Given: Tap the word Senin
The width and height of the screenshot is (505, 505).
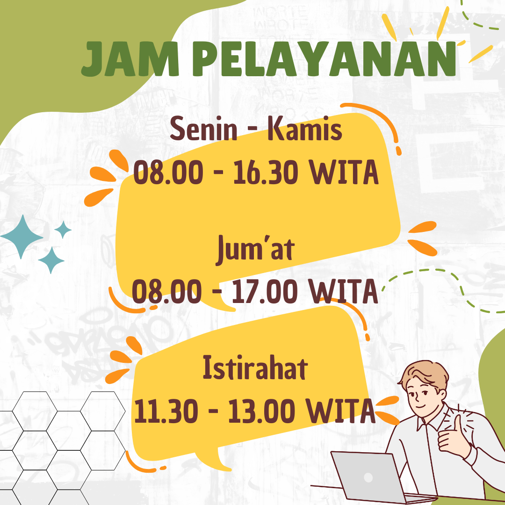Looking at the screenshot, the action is click(x=204, y=129).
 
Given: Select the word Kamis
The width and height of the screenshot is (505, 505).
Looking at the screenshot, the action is click(x=305, y=129).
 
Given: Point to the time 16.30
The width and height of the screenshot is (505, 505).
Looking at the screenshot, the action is click(x=266, y=172).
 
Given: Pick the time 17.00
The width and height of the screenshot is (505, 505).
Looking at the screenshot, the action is click(x=264, y=291).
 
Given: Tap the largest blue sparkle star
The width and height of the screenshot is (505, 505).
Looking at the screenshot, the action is click(x=22, y=237).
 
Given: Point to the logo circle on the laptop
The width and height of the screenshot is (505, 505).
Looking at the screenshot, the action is click(x=368, y=477).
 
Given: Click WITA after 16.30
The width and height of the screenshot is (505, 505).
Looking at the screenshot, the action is click(x=344, y=172).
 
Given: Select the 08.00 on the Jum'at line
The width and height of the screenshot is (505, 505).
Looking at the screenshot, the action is click(x=167, y=291).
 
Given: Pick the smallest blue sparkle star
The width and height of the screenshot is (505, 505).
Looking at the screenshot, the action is click(x=63, y=230).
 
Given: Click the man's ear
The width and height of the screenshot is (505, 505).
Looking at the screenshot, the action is click(x=443, y=394).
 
